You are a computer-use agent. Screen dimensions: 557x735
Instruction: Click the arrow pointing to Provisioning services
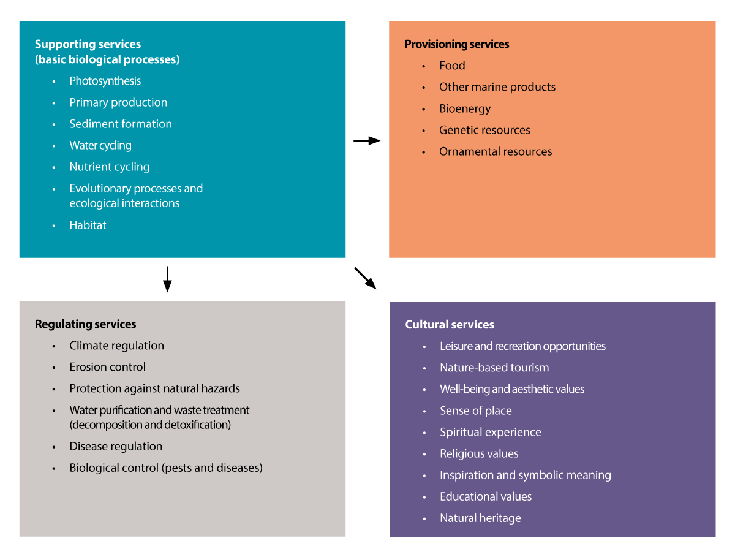367,141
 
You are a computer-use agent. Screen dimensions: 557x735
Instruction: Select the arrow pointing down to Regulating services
167,279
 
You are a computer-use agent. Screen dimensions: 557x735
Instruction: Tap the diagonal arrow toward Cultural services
365,278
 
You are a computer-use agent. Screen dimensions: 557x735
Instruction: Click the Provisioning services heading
456,44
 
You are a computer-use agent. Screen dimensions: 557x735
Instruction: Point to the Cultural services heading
450,325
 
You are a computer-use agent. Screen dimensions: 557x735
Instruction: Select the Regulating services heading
85,324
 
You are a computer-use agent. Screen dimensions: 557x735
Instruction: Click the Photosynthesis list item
105,81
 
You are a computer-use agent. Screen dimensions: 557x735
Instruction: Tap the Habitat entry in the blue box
88,225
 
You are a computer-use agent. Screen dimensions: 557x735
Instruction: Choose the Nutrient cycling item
109,167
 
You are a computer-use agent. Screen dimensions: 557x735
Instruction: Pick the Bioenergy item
465,108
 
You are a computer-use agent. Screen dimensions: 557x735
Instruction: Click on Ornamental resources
496,151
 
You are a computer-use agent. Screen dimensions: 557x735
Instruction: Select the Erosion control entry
107,367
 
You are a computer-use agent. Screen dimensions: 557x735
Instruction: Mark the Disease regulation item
116,446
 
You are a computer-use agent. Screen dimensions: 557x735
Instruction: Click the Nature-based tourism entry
494,368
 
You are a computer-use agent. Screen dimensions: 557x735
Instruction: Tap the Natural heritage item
480,518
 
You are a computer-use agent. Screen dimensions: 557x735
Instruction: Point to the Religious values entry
478,453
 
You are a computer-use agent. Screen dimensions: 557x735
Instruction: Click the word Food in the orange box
452,66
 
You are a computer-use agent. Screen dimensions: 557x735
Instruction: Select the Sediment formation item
120,124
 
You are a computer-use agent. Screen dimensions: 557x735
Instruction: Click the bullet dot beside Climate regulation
54,346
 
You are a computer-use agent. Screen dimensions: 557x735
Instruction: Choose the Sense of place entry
475,411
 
